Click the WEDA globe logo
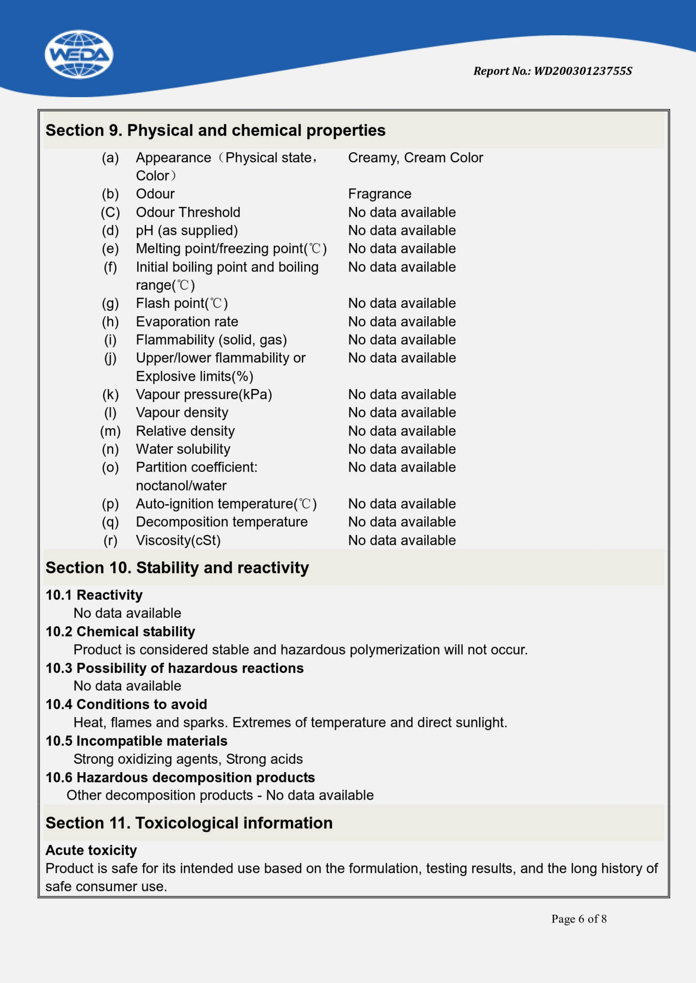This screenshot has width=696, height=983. (x=79, y=54)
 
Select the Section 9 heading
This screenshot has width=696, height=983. (x=215, y=131)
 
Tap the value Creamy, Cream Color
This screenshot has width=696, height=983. (x=415, y=158)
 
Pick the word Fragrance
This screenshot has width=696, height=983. (x=379, y=194)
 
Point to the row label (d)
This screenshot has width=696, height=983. (x=110, y=231)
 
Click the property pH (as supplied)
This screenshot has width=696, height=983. (x=186, y=231)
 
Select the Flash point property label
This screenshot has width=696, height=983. (x=182, y=303)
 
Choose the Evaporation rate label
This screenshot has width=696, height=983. (x=187, y=322)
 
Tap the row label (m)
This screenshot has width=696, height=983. (x=110, y=431)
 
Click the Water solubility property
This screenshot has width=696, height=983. (x=183, y=449)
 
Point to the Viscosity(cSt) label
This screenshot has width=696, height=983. (x=178, y=540)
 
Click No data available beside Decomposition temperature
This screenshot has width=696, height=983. (x=402, y=522)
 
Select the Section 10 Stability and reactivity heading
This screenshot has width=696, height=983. (x=177, y=568)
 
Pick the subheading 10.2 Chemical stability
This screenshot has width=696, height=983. (x=120, y=631)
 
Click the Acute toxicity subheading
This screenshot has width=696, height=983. (x=91, y=850)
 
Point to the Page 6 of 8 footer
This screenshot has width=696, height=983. (x=578, y=919)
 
